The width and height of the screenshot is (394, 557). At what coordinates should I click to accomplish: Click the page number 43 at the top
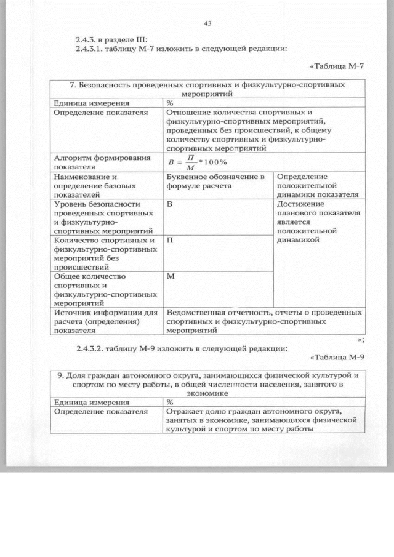click(x=207, y=24)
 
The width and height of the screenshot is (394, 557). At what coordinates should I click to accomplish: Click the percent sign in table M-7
click(x=169, y=103)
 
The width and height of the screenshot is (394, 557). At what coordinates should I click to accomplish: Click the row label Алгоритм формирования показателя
click(x=102, y=162)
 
